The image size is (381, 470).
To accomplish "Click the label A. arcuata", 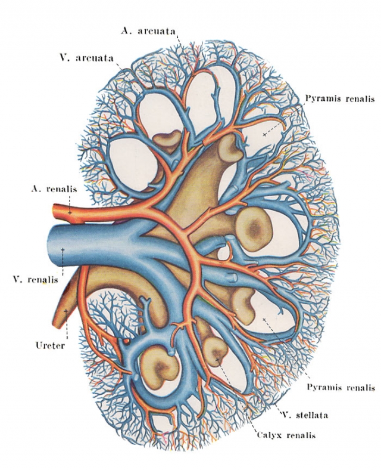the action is [148, 31].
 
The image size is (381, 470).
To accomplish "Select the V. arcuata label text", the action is [86, 58].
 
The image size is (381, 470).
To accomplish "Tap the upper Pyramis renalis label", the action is [340, 98].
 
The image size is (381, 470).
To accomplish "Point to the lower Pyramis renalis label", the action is [341, 387].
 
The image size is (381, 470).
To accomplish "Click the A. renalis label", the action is [54, 189].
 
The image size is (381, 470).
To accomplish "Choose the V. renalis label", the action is [36, 280].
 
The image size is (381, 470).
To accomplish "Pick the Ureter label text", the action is [50, 345].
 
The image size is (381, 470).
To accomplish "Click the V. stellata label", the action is [305, 415].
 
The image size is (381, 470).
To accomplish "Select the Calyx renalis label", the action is [286, 435].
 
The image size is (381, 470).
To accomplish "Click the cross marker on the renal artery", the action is [70, 212].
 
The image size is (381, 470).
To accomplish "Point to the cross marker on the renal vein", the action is [63, 249].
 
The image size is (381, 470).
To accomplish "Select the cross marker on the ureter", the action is [66, 311].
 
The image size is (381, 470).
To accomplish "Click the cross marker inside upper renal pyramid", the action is [264, 135].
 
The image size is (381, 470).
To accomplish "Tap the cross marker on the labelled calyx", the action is [217, 359].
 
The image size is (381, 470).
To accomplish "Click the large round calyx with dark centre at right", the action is [254, 230].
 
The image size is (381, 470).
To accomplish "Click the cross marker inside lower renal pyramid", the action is [264, 320].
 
